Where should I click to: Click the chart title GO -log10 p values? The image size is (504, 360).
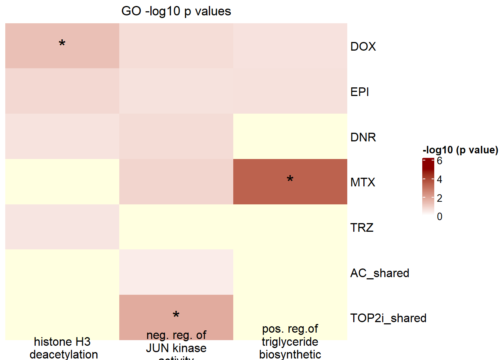tap(176, 11)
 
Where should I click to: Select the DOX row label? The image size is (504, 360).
tap(363, 46)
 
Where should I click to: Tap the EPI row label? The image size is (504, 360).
tap(359, 92)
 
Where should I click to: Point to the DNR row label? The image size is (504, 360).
tap(363, 137)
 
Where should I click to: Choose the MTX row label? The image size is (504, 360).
tap(362, 183)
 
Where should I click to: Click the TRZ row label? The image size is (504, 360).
tap(361, 228)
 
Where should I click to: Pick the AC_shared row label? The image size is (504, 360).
tap(379, 273)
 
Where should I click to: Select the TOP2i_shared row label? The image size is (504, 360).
tap(388, 318)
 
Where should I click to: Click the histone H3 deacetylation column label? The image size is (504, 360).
tap(63, 348)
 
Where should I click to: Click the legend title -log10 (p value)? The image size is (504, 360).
tap(460, 150)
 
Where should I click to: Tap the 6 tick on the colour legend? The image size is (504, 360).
tap(439, 161)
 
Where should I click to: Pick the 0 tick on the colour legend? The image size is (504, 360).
tap(439, 216)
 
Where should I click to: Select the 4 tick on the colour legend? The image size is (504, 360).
tap(439, 180)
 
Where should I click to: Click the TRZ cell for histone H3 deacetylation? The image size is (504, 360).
tap(62, 227)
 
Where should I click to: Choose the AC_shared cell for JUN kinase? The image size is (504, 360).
tap(176, 272)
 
